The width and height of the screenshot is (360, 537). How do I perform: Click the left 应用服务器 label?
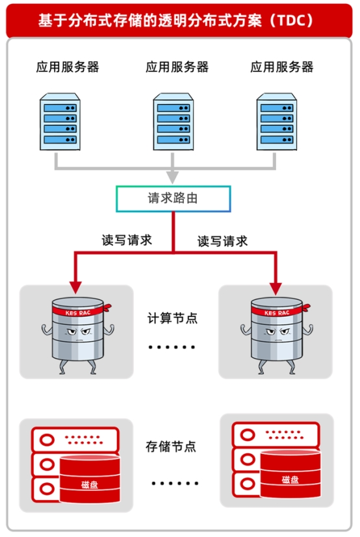(x=68, y=67)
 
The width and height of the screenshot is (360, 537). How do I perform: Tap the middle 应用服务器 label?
(x=177, y=67)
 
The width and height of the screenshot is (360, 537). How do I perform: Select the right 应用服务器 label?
(x=282, y=67)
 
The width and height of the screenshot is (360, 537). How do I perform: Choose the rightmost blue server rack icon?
(x=276, y=123)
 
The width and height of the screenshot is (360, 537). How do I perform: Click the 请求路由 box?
(x=173, y=199)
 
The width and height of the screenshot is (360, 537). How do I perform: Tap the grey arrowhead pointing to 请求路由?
(x=172, y=177)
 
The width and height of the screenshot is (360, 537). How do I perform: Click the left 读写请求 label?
(x=127, y=240)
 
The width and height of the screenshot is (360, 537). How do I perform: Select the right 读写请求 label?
(x=222, y=241)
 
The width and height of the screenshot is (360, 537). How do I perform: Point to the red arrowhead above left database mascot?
(x=76, y=286)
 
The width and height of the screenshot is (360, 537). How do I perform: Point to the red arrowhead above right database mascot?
(x=276, y=286)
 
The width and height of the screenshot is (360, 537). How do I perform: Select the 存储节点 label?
(x=171, y=447)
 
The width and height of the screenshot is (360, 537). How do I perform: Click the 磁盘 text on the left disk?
(x=90, y=484)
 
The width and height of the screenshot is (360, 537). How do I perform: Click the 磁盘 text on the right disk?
(x=290, y=480)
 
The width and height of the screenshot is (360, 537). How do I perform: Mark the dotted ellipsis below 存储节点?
(x=174, y=483)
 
